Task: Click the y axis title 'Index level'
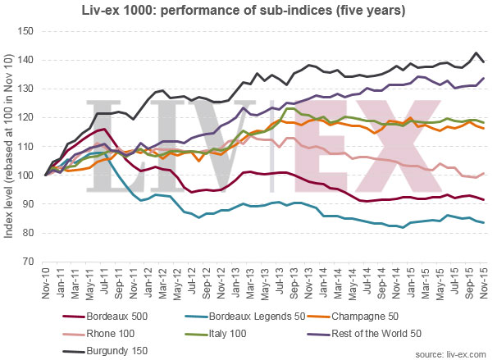(x=9, y=146)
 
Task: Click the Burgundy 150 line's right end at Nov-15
(x=484, y=62)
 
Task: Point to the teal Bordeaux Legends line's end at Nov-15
(x=484, y=222)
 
